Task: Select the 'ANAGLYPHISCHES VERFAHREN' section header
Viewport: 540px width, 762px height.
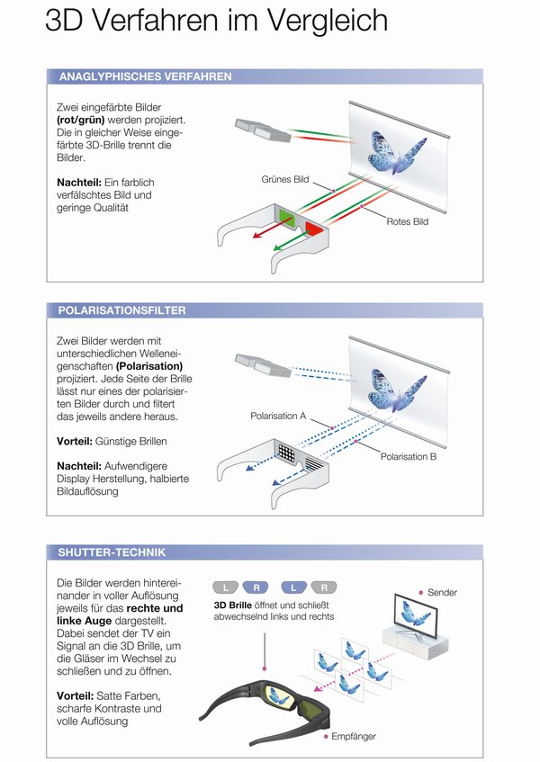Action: (145, 76)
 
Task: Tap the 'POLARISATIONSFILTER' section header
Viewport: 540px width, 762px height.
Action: (122, 310)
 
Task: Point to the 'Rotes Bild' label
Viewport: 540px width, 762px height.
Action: (408, 221)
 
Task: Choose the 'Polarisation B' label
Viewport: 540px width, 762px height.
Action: (409, 457)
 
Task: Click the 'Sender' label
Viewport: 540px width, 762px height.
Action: (443, 593)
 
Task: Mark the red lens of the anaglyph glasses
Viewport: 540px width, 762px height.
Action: (315, 229)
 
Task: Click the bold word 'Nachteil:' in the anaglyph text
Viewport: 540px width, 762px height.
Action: (79, 182)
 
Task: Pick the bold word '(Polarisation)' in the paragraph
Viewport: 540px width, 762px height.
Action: (149, 366)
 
